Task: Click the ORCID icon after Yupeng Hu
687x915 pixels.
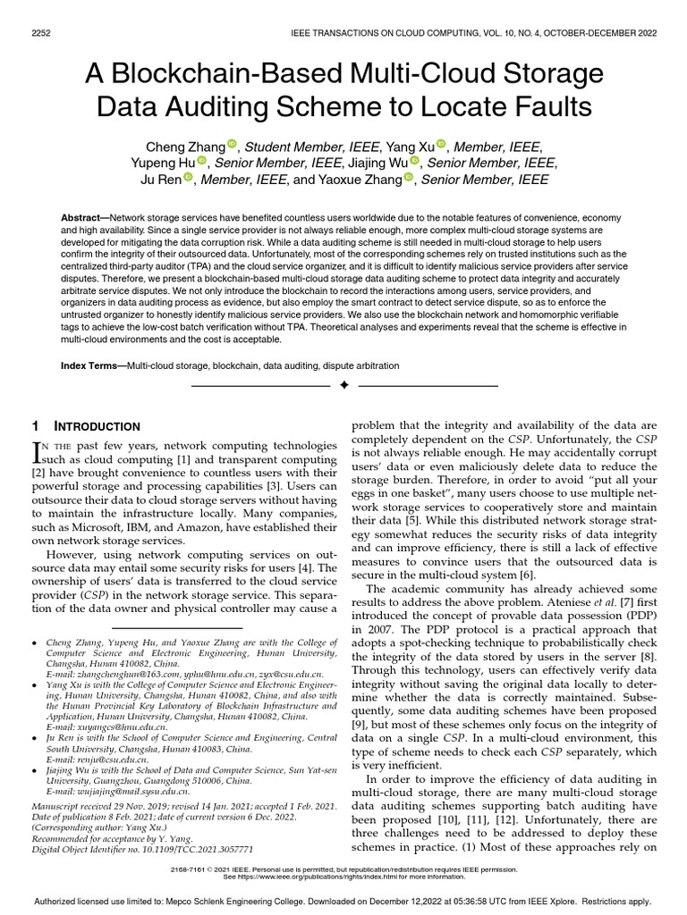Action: pos(201,162)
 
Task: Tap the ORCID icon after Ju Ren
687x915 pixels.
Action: pos(189,178)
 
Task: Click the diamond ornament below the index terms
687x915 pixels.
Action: pos(343,386)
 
